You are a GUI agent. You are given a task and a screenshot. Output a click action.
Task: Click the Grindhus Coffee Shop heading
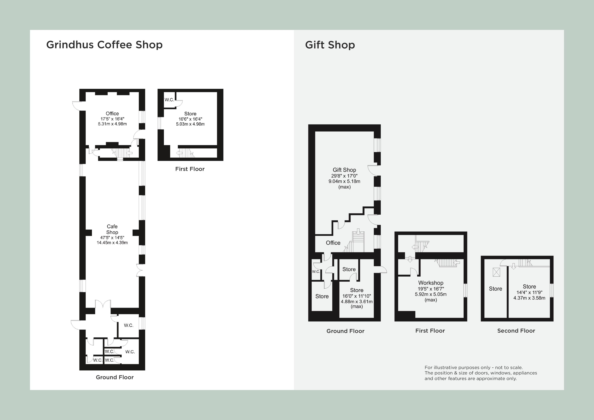[x=104, y=45]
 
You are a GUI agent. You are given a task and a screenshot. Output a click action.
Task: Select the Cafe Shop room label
[x=112, y=229]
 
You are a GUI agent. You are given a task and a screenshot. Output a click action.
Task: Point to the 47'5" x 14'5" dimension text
[x=112, y=238]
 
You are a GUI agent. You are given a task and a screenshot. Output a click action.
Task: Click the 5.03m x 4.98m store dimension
[x=190, y=124]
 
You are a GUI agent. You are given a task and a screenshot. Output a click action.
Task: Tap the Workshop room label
[x=430, y=283]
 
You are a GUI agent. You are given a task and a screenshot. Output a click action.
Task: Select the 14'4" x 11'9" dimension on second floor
[x=529, y=292]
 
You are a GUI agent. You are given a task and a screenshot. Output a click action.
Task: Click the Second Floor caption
[x=516, y=331]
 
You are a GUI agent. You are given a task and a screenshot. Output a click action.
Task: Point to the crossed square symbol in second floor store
[x=496, y=272]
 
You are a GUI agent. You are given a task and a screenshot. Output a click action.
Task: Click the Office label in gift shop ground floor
[x=333, y=243]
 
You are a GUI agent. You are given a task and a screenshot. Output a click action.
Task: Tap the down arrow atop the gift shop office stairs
[x=358, y=231]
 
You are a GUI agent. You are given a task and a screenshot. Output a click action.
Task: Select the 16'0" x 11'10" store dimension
[x=356, y=296]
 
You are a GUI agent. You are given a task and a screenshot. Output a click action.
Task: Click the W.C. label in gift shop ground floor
[x=316, y=271]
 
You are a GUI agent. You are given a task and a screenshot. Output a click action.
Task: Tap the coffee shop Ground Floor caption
[x=115, y=377]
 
